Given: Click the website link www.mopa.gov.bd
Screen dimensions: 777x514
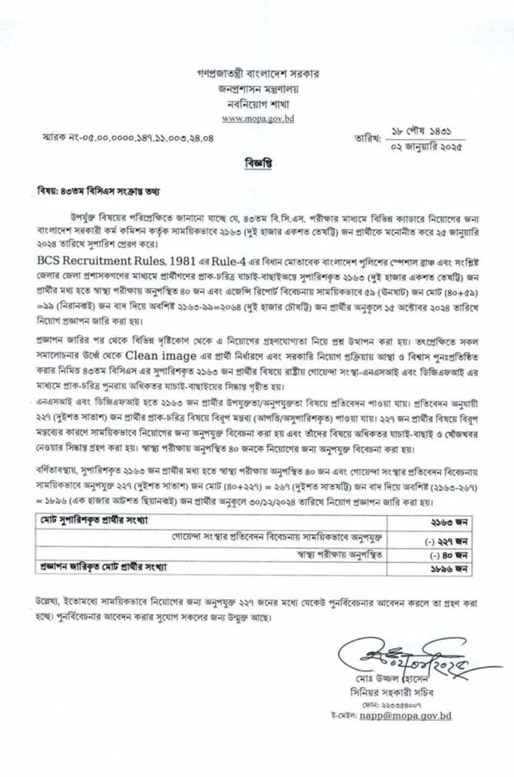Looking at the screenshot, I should click(x=257, y=119).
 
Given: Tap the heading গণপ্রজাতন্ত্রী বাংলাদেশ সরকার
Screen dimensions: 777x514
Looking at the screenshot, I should click(x=257, y=74).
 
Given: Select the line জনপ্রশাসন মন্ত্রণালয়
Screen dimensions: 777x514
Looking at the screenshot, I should click(x=257, y=89).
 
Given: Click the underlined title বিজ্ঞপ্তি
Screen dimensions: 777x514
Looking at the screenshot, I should click(x=257, y=162).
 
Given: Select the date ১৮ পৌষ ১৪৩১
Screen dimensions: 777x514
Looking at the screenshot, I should click(x=423, y=130).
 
